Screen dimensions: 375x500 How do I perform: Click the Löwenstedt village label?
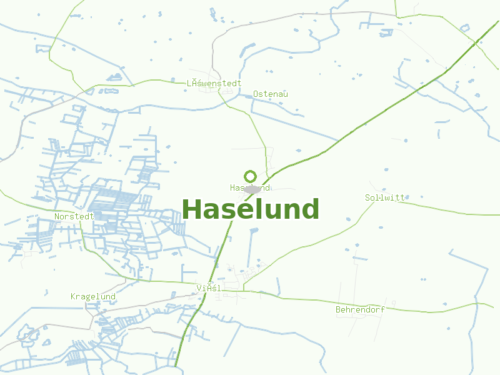(x=214, y=83)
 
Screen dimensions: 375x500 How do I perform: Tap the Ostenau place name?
(x=271, y=94)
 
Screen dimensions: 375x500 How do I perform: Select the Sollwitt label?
(x=385, y=197)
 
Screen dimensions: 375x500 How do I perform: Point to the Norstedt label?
(x=74, y=216)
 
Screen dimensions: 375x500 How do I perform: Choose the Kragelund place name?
(x=93, y=296)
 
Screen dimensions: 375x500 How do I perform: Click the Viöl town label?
(x=209, y=288)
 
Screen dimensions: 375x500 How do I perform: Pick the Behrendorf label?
(x=360, y=309)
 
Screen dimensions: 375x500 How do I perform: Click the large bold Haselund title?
(x=251, y=209)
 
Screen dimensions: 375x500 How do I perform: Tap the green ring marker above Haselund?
(x=251, y=176)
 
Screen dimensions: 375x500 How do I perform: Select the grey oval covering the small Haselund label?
(x=252, y=189)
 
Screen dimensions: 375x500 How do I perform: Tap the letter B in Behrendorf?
(x=338, y=309)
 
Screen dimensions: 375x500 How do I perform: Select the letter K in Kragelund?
(x=73, y=296)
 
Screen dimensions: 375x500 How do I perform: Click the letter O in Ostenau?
(x=256, y=94)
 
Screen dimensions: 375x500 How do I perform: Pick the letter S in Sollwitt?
(x=367, y=197)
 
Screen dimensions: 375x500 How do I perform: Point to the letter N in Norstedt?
(x=57, y=216)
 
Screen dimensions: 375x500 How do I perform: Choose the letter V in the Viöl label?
(x=199, y=288)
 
